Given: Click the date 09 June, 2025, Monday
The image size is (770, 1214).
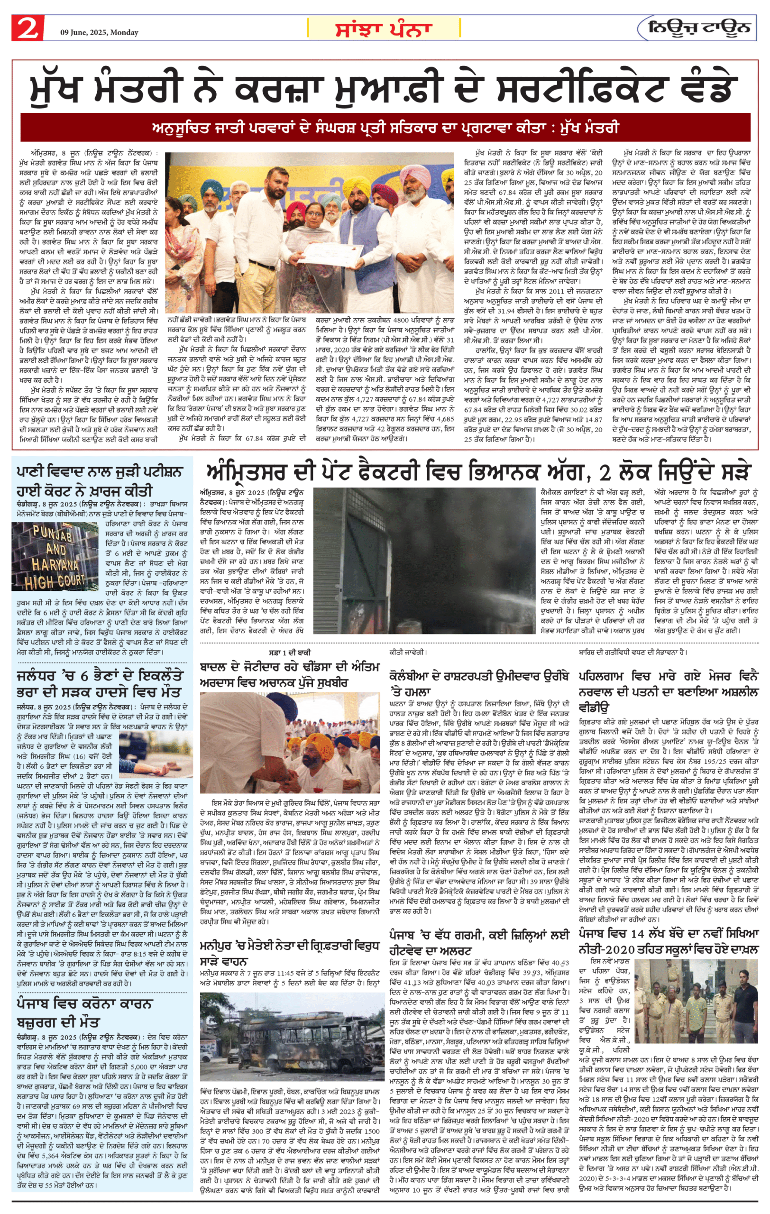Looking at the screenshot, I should tap(99, 32).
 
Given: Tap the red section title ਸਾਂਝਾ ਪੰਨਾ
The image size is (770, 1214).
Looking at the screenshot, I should tap(384, 29).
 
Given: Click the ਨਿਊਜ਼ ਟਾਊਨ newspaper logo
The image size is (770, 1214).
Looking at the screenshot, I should tap(698, 28).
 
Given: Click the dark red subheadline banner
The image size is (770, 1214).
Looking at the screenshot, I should tap(385, 128).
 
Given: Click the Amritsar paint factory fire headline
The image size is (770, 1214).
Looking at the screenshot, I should tap(478, 472).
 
